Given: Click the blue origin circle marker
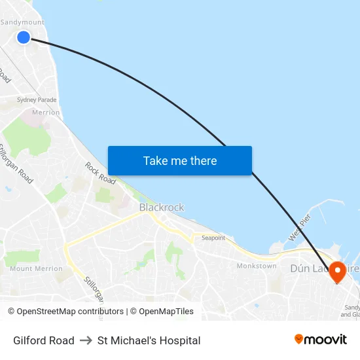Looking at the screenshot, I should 24,37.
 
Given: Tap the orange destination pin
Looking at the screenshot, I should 338,271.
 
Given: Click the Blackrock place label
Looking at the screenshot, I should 162,207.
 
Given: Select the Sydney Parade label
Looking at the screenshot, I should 37,100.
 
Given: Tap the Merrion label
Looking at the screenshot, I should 46,113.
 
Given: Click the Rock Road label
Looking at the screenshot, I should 100,173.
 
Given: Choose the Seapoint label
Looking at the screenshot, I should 213,238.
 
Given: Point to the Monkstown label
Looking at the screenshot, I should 257,266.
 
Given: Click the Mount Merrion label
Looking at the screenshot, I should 37,268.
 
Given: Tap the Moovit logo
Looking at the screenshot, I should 321,340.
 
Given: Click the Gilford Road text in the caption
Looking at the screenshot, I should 44,340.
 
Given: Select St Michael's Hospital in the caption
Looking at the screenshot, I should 149,340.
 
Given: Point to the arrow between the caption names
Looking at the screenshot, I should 86,340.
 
